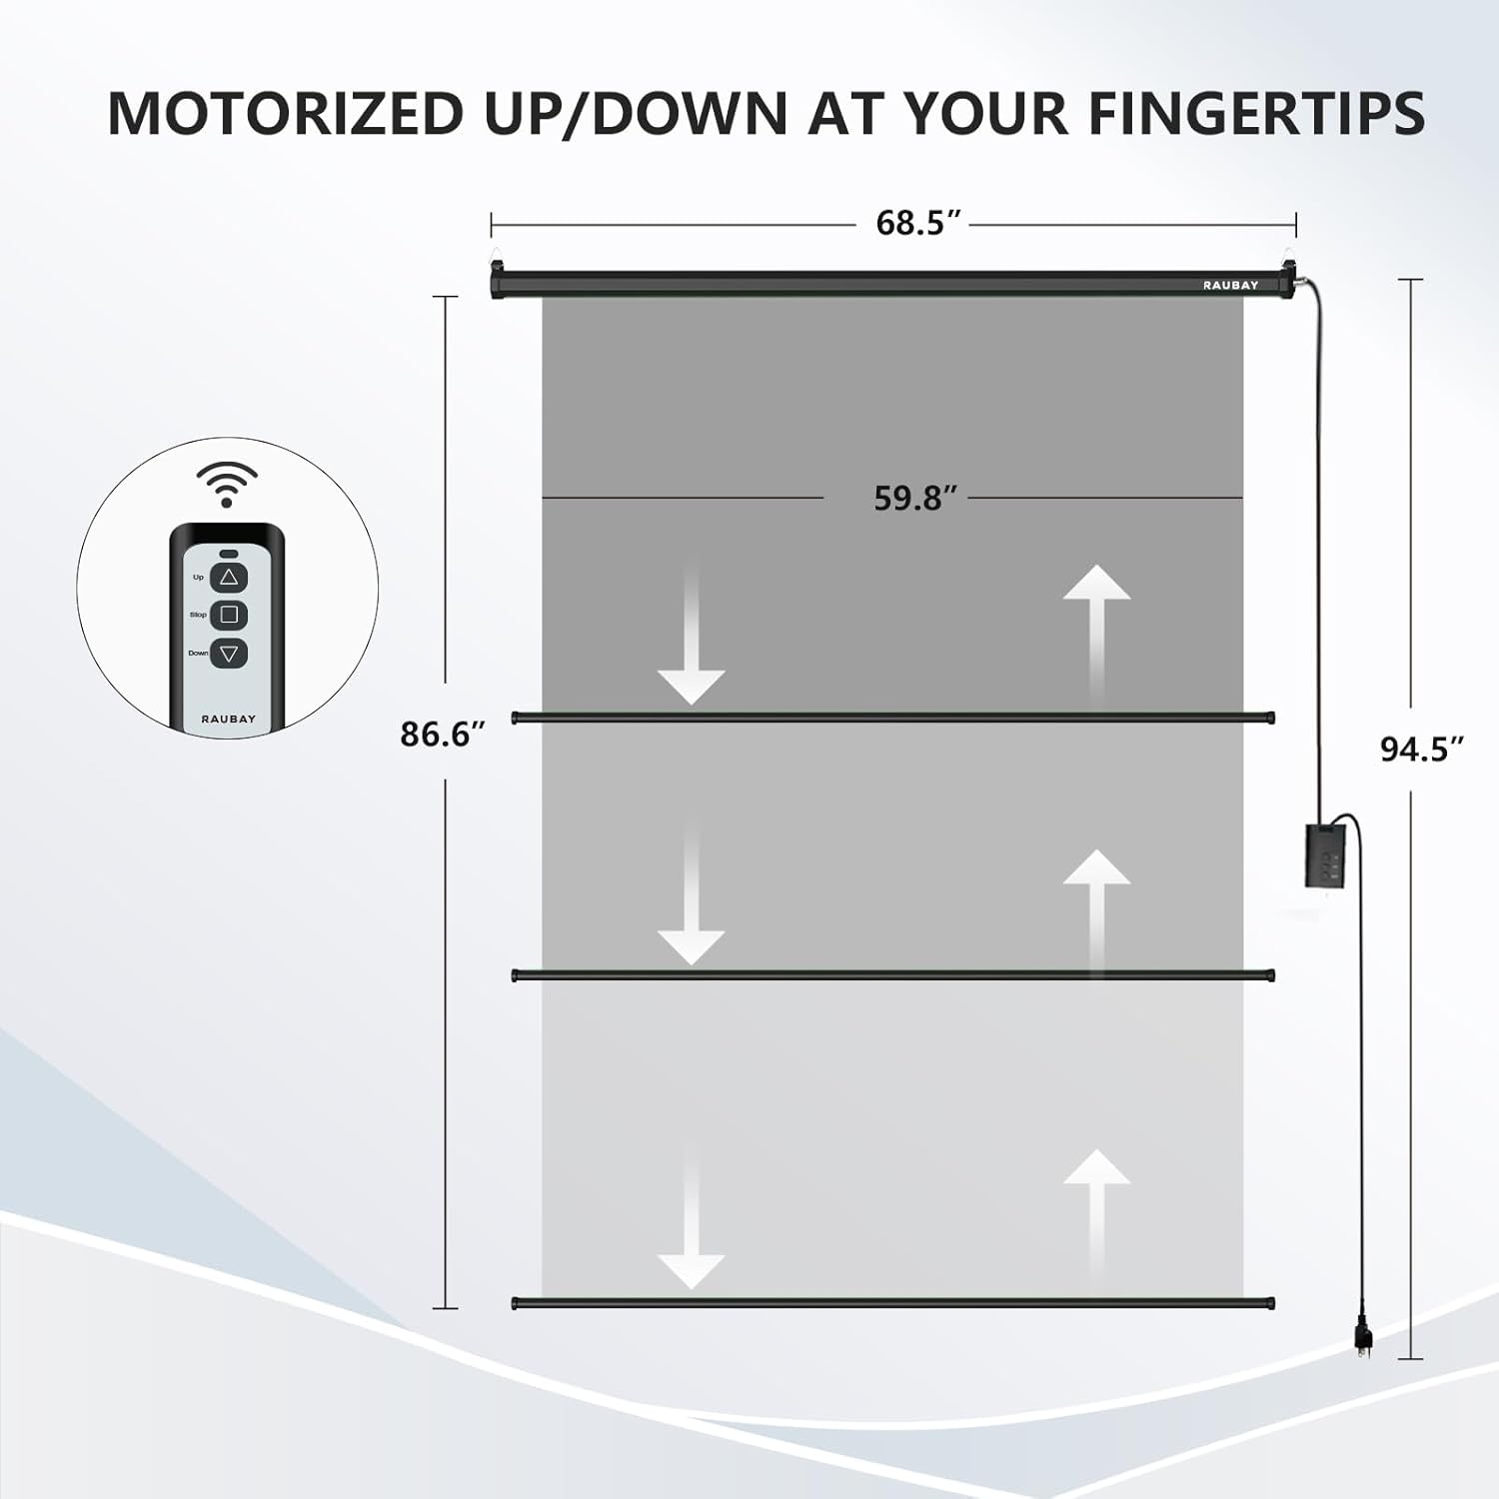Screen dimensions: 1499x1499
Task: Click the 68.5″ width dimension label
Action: [918, 223]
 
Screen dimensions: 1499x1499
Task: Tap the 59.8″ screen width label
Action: [915, 498]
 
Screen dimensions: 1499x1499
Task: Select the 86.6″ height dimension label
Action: [442, 734]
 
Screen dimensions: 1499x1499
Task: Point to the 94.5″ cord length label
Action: [1422, 749]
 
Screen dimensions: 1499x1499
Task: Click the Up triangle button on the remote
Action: [229, 577]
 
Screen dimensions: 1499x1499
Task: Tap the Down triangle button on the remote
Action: [229, 654]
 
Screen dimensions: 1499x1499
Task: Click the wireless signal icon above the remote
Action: [227, 484]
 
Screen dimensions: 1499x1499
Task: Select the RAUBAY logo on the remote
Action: [229, 719]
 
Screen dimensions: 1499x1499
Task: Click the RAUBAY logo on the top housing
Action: [1230, 285]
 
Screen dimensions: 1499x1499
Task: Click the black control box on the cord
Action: [1328, 853]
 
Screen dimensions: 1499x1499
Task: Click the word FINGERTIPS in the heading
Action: [1256, 113]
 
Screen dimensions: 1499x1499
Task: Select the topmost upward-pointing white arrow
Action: [1096, 630]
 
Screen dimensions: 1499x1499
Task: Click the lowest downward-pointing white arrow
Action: [691, 1215]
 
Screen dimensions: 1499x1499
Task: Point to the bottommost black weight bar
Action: [893, 1303]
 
